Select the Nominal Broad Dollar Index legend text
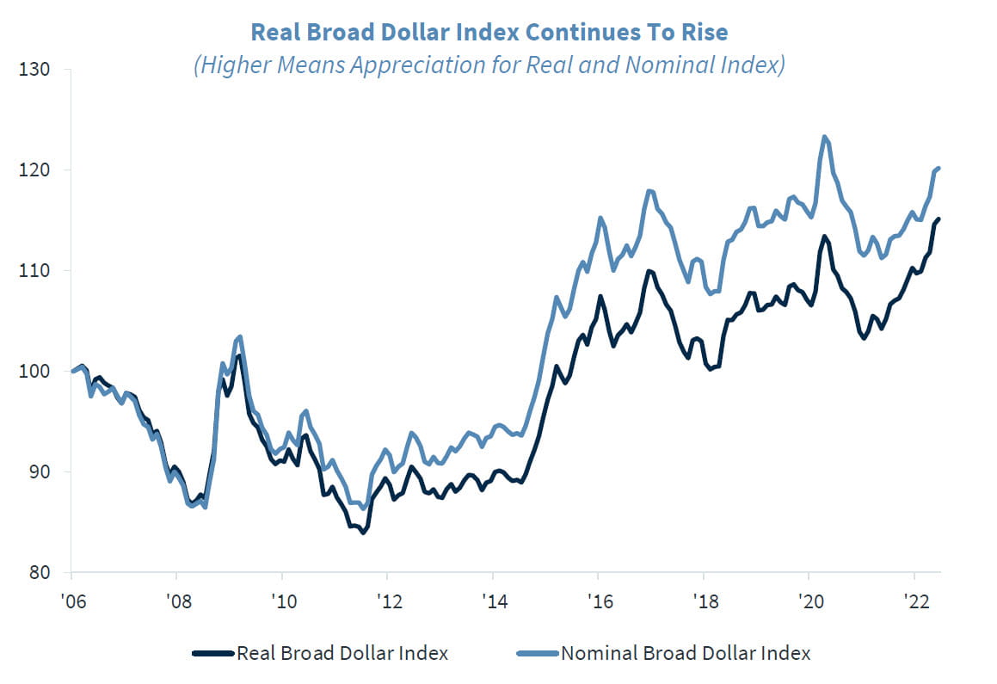pos(686,654)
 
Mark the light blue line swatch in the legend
pos(537,654)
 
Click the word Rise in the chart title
pos(705,33)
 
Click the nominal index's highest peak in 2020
pos(824,137)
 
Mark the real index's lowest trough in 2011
pos(363,533)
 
